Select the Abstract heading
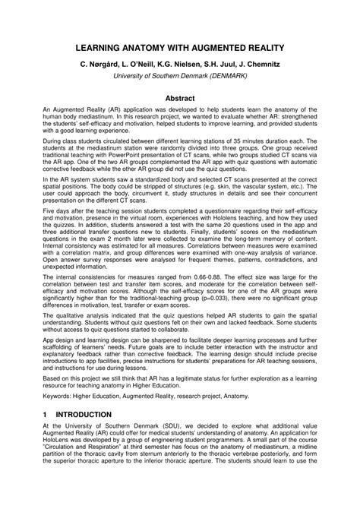(180, 98)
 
